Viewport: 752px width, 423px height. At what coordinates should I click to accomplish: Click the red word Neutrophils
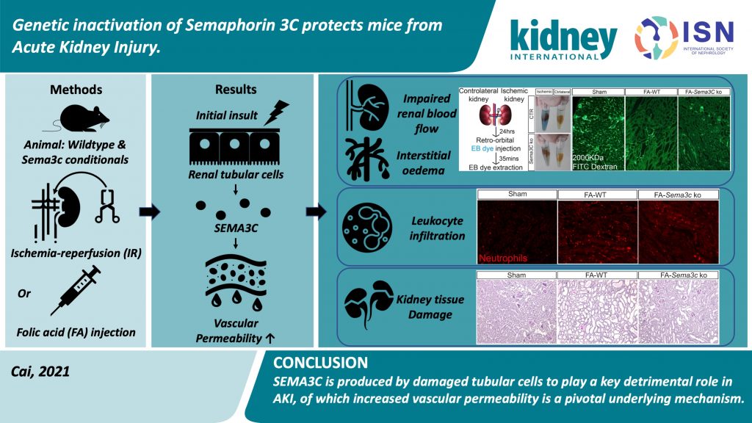click(507, 258)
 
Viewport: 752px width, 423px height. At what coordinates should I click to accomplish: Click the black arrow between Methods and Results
click(149, 213)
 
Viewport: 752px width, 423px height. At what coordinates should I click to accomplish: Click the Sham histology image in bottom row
click(513, 308)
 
